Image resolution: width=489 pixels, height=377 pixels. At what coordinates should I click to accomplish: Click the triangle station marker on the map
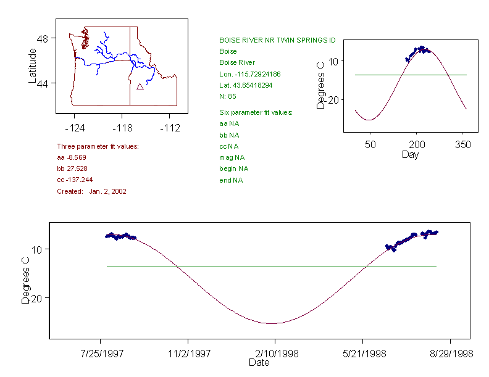pyautogui.click(x=140, y=87)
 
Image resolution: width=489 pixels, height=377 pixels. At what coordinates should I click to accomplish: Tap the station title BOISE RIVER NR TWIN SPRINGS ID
pyautogui.click(x=277, y=39)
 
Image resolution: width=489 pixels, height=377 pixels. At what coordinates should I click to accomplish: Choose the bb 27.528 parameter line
pyautogui.click(x=72, y=168)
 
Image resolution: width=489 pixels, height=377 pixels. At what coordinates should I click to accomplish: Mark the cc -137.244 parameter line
pyautogui.click(x=75, y=180)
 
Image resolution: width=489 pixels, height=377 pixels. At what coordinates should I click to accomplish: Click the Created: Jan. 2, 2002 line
pyautogui.click(x=91, y=191)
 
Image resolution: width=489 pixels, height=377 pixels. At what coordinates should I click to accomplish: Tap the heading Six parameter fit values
pyautogui.click(x=256, y=112)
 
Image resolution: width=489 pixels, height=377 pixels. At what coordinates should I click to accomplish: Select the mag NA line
pyautogui.click(x=229, y=157)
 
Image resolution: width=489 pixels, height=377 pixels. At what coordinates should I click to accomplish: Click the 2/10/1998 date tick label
pyautogui.click(x=275, y=354)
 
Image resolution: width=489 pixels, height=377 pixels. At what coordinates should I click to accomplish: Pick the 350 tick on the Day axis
pyautogui.click(x=462, y=144)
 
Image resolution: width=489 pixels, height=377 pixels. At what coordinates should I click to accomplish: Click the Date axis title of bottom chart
pyautogui.click(x=259, y=363)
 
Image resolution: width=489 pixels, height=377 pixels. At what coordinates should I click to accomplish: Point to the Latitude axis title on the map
pyautogui.click(x=33, y=66)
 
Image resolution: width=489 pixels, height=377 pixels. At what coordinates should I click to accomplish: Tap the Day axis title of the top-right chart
pyautogui.click(x=409, y=154)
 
